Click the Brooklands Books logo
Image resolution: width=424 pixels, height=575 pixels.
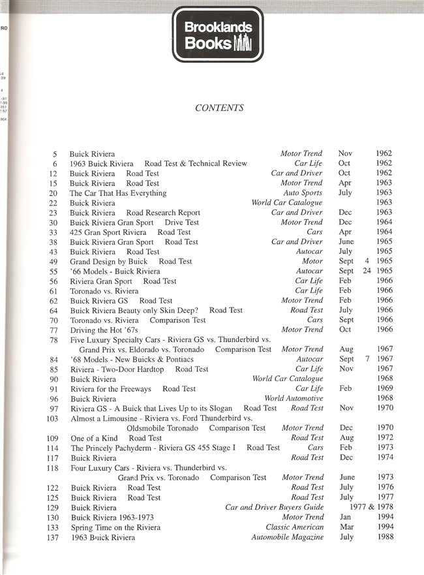point(217,35)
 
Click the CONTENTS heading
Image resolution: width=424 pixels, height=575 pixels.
point(219,108)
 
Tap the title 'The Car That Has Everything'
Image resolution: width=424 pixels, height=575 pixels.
point(118,193)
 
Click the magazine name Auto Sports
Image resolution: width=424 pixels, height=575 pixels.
point(303,193)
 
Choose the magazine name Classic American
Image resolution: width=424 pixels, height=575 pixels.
point(294,527)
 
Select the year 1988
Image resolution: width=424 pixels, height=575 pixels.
point(384,537)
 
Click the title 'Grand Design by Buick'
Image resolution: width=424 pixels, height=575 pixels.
point(108,261)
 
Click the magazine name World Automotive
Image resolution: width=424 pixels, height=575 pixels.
point(294,398)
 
